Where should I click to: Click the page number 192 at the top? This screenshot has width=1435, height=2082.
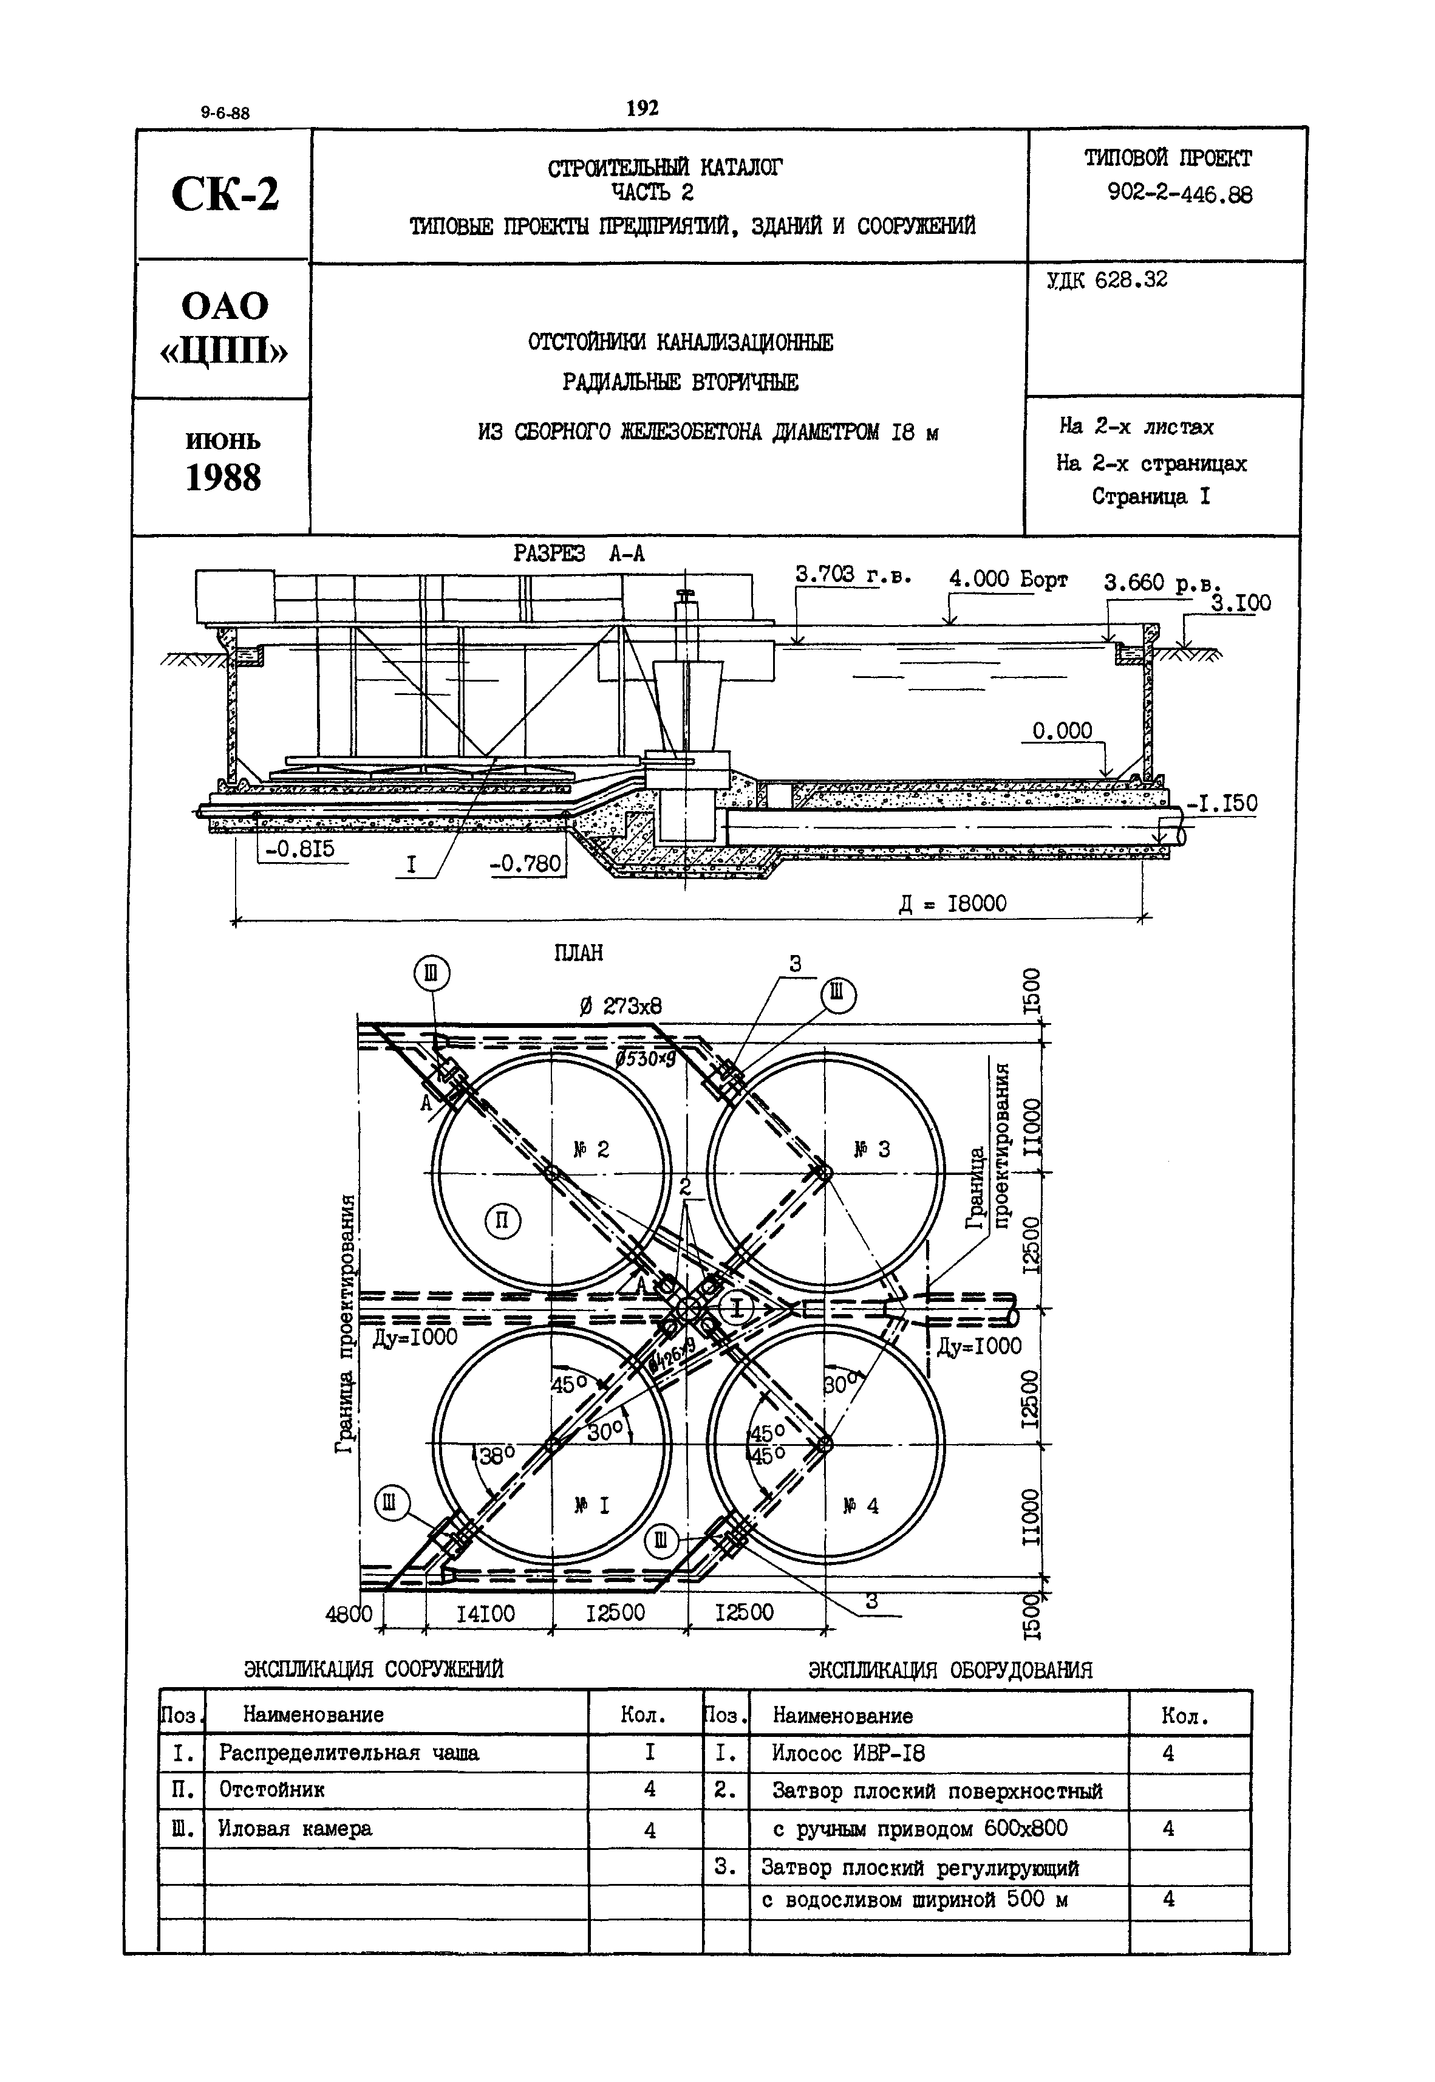point(642,108)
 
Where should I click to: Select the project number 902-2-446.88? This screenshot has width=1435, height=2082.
point(1180,194)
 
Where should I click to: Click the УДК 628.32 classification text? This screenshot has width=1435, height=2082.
point(1107,281)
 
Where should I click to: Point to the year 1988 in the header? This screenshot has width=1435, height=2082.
point(223,478)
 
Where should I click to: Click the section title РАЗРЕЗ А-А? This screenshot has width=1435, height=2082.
point(579,554)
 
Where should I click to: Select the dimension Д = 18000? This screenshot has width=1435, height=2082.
point(953,903)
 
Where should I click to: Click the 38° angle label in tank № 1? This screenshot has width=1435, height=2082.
point(496,1455)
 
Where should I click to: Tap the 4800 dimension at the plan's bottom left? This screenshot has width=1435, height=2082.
point(349,1614)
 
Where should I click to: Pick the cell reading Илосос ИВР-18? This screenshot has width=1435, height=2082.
point(848,1753)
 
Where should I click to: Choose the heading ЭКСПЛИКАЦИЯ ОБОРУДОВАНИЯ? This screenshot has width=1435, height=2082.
point(950,1669)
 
